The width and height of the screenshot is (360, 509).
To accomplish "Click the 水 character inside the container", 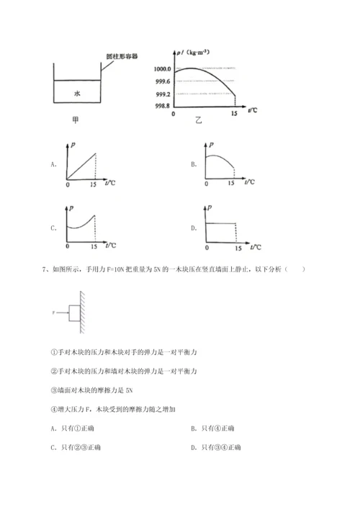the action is pyautogui.click(x=76, y=93).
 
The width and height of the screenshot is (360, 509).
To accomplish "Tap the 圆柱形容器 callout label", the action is pyautogui.click(x=120, y=54).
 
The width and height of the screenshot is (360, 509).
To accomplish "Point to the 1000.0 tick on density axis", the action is pyautogui.click(x=161, y=68).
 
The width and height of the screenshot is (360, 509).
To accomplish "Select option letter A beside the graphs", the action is pyautogui.click(x=54, y=165).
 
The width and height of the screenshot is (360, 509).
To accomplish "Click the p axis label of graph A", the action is pyautogui.click(x=74, y=145).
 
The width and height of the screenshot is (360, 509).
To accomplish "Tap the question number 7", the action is pyautogui.click(x=46, y=270).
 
